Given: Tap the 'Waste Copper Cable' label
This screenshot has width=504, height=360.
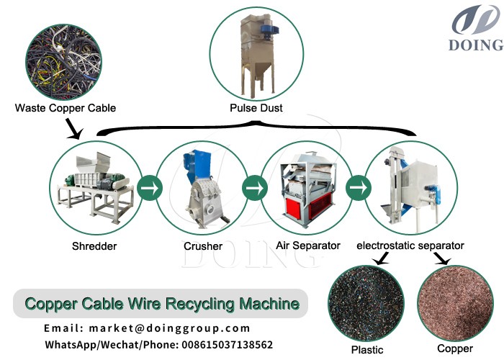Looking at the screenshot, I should pyautogui.click(x=66, y=108).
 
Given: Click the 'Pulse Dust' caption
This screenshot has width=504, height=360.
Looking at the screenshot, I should pyautogui.click(x=256, y=108).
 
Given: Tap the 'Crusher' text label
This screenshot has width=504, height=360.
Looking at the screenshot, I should pyautogui.click(x=204, y=246).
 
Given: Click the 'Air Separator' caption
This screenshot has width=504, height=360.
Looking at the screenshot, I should pyautogui.click(x=308, y=246).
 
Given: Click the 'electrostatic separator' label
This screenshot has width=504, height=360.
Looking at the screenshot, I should pyautogui.click(x=410, y=246).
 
